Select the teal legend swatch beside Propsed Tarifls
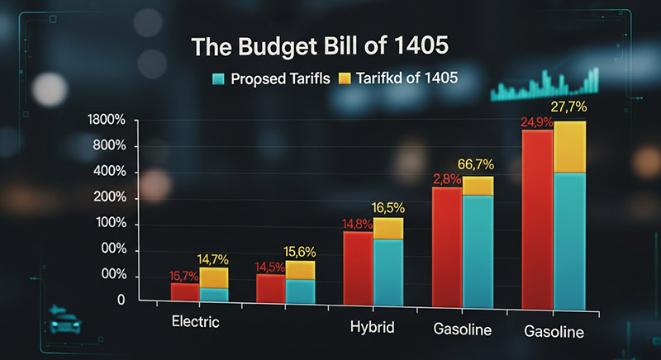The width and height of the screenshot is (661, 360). pos(217,78)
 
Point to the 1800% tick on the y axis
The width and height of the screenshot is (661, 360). pos(105,121)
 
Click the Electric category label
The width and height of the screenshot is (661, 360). pos(195,321)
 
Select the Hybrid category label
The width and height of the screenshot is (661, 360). pos(373,328)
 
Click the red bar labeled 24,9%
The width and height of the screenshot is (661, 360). pos(537,219)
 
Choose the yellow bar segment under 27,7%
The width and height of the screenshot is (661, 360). pos(569,147)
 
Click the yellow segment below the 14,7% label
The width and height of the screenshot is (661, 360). pos(214,277)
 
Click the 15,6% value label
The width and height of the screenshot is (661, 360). pos(299,250)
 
